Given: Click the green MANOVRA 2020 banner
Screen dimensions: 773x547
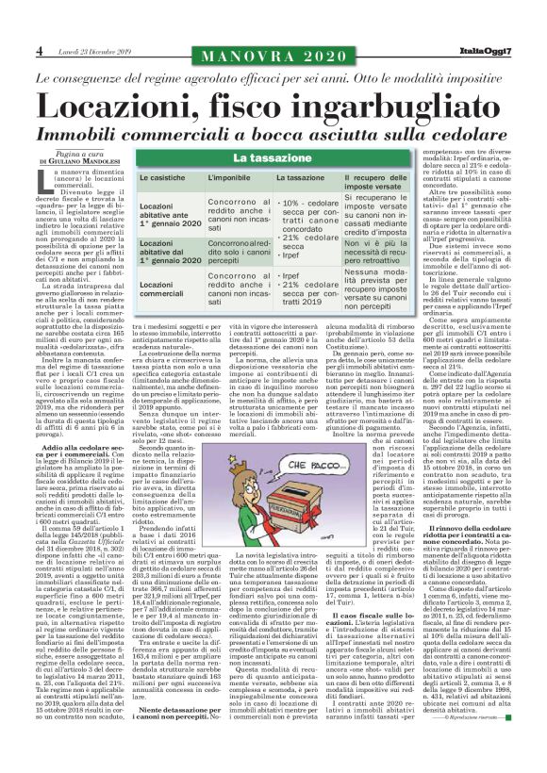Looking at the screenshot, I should (273, 50).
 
